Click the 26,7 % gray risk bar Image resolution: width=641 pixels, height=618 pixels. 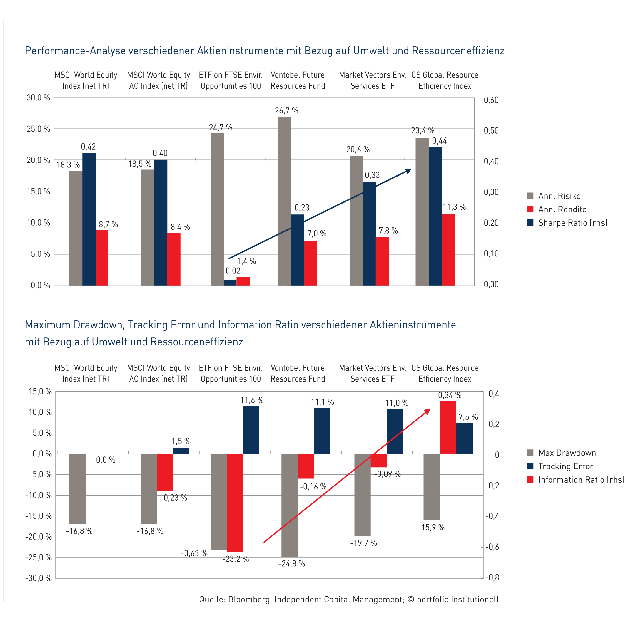pos(284,201)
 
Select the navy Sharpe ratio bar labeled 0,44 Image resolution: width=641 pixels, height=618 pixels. pos(435,216)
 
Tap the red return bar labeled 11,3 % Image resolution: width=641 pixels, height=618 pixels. pos(448,250)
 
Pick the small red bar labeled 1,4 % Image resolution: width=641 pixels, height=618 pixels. pos(243,281)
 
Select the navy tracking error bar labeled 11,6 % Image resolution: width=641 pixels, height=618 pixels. pos(251,430)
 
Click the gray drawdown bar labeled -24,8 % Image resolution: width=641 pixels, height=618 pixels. pos(289,505)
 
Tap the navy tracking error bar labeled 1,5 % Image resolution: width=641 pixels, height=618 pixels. pos(181,451)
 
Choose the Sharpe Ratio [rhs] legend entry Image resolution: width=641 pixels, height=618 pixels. pos(567,223)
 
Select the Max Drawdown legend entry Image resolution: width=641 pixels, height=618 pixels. pos(562,453)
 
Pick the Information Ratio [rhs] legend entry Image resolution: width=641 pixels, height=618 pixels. pos(576,479)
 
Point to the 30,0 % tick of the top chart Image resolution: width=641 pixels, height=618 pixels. pos(38,98)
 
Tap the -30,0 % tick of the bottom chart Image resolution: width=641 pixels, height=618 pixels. pos(38,578)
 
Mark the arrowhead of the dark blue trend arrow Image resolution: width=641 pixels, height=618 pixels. pos(409,171)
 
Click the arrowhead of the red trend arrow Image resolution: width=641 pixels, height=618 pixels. pos(427,411)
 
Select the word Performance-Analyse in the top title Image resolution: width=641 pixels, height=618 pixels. pos(76,51)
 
